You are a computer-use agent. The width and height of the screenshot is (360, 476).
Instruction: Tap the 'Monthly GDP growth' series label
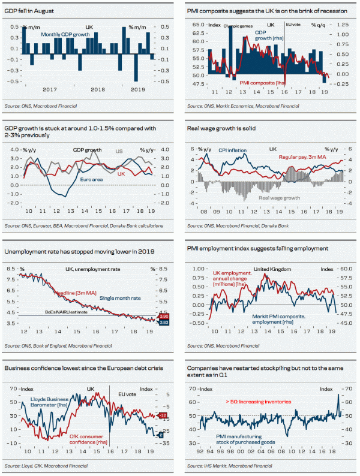click(x=67, y=35)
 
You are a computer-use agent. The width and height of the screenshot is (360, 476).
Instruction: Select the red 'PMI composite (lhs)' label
click(x=262, y=82)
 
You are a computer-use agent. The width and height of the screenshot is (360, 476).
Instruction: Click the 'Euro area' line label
click(x=92, y=179)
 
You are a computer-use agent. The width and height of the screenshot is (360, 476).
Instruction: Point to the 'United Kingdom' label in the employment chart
click(x=273, y=269)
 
